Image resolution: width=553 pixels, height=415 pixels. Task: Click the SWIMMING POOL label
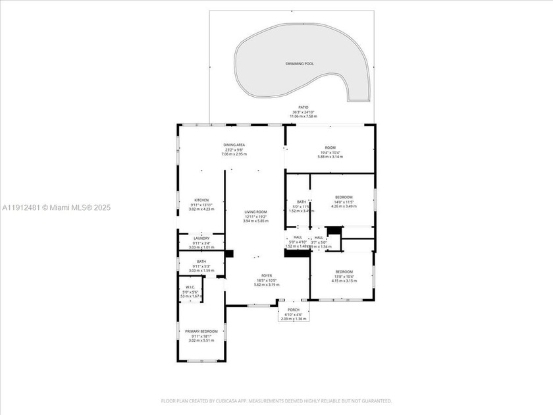300,63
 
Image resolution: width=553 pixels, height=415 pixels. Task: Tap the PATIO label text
303,107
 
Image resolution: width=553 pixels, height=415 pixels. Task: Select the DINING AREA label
234,144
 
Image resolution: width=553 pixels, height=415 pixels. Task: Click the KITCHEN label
201,200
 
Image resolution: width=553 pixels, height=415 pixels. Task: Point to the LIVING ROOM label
256,212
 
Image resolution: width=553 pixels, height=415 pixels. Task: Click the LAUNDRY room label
201,238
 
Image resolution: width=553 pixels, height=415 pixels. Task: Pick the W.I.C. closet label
190,287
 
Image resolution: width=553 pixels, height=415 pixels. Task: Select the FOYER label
267,276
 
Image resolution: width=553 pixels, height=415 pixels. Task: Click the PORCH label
293,310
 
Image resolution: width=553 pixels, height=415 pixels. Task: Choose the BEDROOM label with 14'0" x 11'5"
343,197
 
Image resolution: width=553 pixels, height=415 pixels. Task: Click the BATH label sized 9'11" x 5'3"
201,262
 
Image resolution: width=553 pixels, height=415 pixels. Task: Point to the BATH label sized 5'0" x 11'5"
302,202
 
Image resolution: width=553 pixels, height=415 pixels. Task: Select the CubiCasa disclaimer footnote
276,401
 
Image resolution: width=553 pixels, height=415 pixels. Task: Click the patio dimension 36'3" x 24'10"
303,111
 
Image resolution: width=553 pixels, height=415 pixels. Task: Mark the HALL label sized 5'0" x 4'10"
297,237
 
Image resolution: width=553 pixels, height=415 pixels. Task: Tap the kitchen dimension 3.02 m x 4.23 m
201,209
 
